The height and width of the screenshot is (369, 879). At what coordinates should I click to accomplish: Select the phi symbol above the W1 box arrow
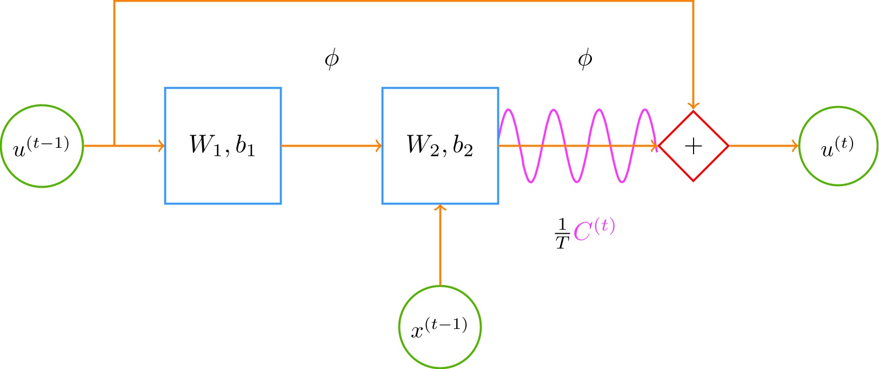[x=331, y=59]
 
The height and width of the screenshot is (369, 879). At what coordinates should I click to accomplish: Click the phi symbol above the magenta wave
[x=585, y=59]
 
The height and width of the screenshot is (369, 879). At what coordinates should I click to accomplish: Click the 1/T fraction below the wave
[x=562, y=234]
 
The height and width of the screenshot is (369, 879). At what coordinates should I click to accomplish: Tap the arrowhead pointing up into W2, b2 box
[x=440, y=208]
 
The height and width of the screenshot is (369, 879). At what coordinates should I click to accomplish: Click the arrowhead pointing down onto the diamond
[x=694, y=106]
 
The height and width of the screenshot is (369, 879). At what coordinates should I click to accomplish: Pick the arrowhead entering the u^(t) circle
[x=795, y=146]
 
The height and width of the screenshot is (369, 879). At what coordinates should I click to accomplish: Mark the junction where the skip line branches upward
[x=115, y=146]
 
